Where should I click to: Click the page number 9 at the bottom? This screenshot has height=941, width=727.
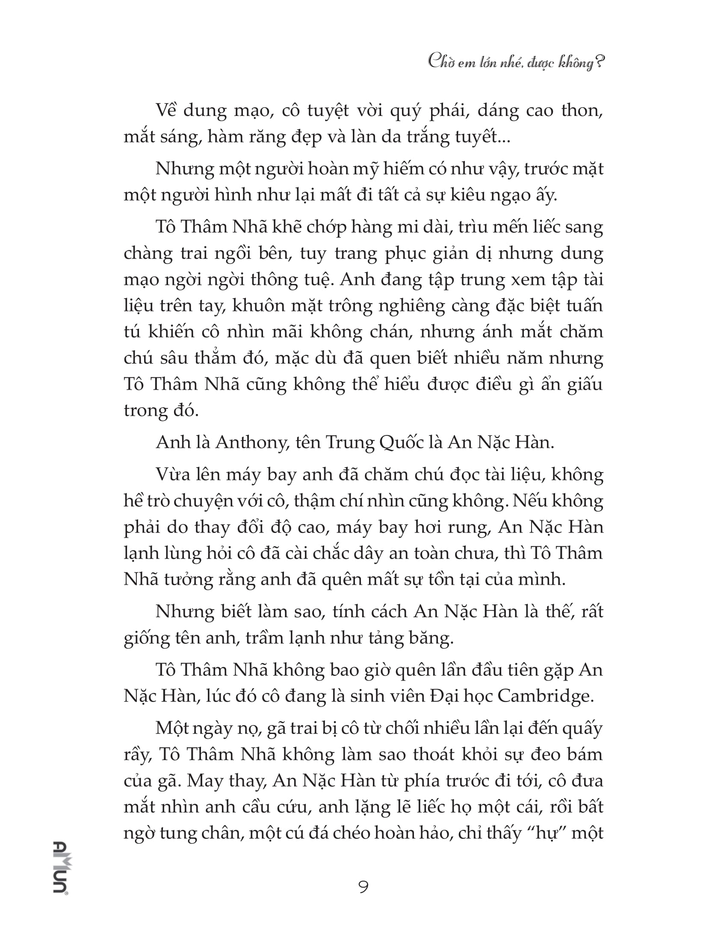pos(363,887)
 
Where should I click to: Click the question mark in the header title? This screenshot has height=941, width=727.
pos(599,62)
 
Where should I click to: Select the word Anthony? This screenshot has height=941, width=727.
pos(252,443)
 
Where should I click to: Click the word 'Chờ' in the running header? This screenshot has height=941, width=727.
pos(439,62)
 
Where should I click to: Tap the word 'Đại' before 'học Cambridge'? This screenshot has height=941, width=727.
pos(447,696)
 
